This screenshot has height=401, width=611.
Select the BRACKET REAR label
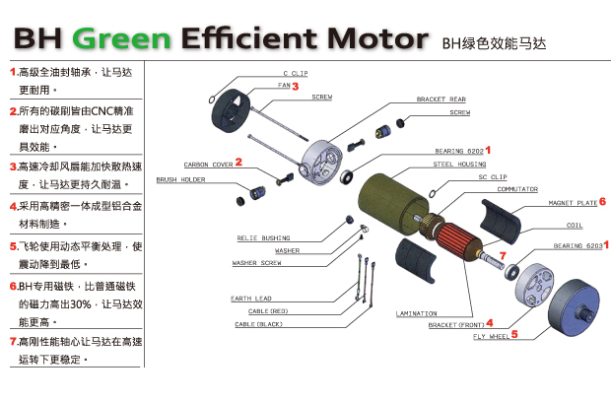(x=441, y=100)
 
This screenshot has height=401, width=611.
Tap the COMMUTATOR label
(x=517, y=188)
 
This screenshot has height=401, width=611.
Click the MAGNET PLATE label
(x=573, y=203)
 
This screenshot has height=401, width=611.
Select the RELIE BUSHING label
(x=262, y=237)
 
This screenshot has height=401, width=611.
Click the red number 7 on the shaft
(x=502, y=256)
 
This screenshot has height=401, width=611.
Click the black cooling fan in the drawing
(x=232, y=105)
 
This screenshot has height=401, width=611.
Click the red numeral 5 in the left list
(x=13, y=245)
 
